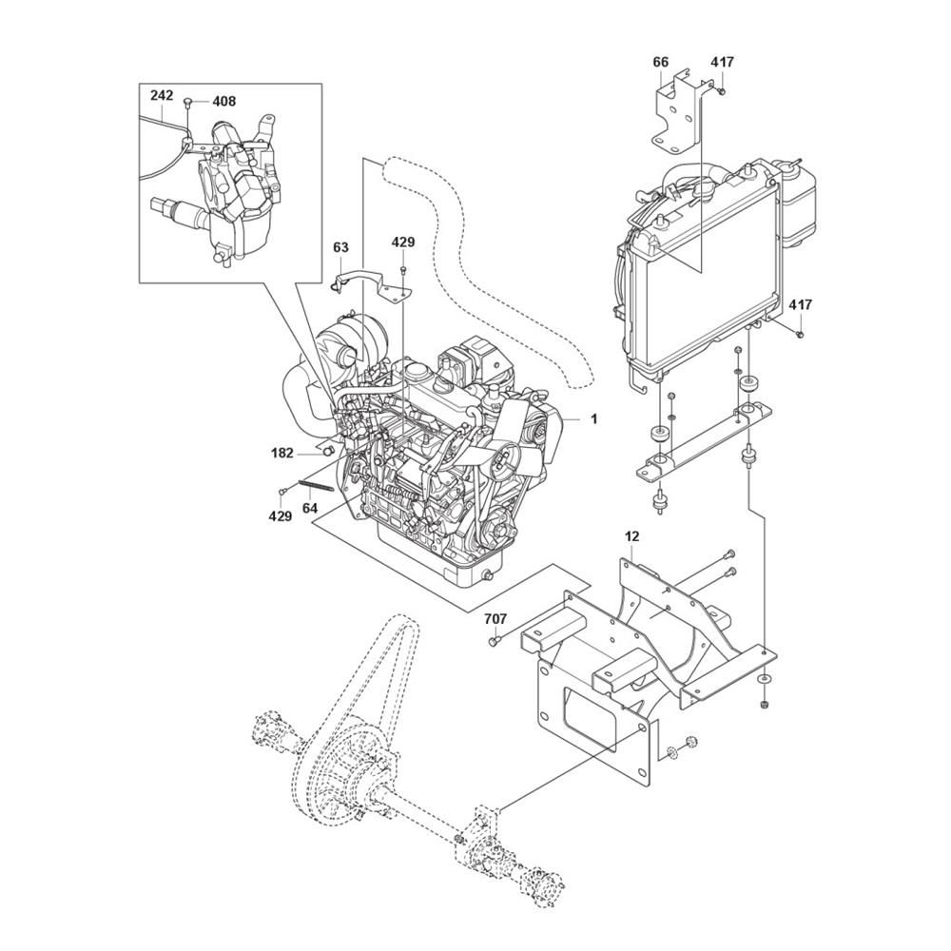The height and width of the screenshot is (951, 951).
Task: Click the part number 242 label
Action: click(x=162, y=95)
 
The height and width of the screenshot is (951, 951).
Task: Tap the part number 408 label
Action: click(x=223, y=102)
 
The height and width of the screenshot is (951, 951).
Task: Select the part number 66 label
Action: click(x=661, y=62)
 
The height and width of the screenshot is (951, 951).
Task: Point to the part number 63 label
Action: click(x=340, y=247)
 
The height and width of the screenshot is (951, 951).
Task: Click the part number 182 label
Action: click(x=282, y=453)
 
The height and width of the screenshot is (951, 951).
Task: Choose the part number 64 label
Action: click(x=310, y=508)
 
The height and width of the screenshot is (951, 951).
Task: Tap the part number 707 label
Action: click(x=495, y=619)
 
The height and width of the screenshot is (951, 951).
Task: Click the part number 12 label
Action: click(x=631, y=536)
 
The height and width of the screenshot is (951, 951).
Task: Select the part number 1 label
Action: click(x=594, y=418)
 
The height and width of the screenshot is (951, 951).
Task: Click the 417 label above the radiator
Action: click(x=723, y=62)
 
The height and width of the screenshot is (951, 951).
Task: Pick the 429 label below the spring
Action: click(x=281, y=516)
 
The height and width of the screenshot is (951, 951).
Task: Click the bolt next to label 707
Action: click(x=494, y=640)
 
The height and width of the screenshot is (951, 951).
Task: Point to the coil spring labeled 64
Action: click(x=315, y=486)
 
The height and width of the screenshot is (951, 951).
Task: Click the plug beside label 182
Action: click(x=328, y=450)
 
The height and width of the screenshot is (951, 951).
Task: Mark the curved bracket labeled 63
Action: click(x=371, y=286)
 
